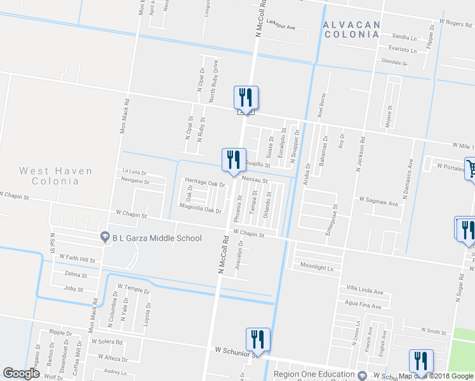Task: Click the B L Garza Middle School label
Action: (x=157, y=239)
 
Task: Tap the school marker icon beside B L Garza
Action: (x=106, y=237)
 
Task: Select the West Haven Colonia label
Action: (x=56, y=176)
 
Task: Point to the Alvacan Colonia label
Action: (x=351, y=29)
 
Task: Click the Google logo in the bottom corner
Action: (x=21, y=373)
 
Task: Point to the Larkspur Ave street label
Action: (x=281, y=27)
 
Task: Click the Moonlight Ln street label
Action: (x=317, y=267)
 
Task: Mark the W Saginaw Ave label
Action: (x=378, y=204)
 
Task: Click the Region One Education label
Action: (x=314, y=375)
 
